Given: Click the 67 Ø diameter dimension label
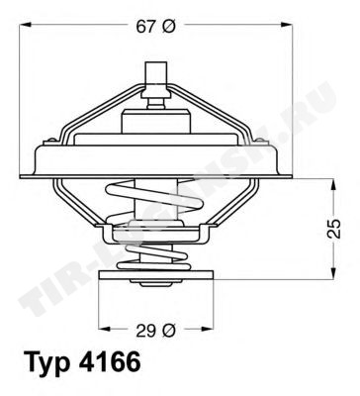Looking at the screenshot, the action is point(154,27).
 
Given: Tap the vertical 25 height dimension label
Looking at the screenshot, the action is point(335,229).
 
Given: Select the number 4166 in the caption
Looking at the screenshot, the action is point(110,363).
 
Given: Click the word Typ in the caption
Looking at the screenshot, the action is point(47,365).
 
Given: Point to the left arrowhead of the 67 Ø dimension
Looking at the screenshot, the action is point(25,25).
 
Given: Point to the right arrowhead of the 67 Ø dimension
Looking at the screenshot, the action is point(287,25).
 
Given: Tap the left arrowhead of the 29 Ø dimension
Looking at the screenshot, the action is point(105,329).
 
